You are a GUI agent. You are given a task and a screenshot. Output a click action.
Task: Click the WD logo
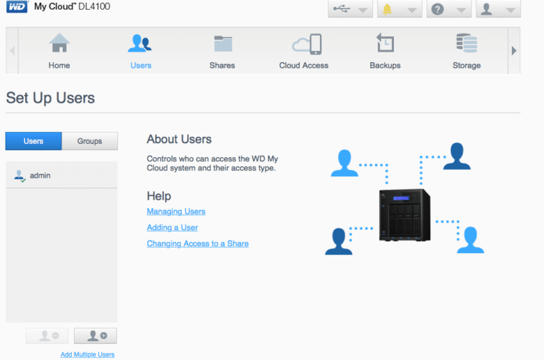17,6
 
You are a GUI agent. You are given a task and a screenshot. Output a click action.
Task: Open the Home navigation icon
59,43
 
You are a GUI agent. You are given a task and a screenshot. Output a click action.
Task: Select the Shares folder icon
222,44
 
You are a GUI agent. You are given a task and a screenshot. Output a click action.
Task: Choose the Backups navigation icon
385,43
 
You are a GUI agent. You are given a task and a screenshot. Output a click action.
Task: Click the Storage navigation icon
467,43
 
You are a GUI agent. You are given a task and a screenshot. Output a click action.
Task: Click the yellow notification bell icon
387,9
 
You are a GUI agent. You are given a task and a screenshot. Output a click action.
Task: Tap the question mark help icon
437,9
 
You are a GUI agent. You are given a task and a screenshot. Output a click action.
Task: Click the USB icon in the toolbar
342,8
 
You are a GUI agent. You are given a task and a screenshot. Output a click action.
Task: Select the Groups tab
89,141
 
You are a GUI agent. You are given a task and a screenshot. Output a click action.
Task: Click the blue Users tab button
33,141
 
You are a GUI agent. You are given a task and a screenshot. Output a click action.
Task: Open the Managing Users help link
176,211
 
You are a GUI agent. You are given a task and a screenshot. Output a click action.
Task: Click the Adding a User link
172,227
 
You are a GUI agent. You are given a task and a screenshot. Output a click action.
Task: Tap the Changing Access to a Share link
197,243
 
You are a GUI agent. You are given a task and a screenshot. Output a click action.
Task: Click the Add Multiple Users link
87,354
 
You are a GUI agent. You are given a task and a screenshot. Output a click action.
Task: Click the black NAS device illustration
405,215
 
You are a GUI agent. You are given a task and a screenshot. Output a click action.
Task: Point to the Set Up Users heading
50,98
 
